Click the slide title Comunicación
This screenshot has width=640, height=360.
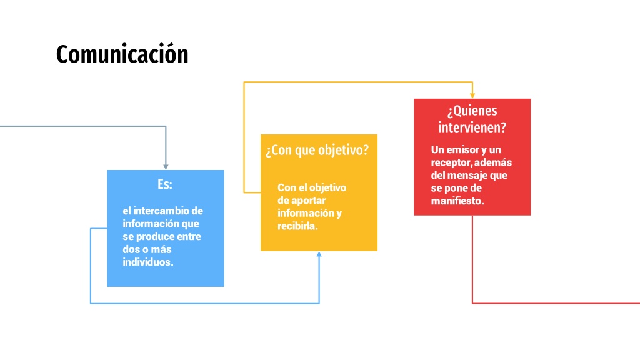click(122, 54)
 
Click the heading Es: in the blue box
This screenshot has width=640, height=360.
click(165, 184)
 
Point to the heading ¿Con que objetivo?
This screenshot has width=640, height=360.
click(317, 150)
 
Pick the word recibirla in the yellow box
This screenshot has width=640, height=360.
click(296, 226)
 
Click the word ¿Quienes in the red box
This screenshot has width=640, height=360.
click(472, 110)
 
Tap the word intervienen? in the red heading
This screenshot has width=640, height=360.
click(472, 127)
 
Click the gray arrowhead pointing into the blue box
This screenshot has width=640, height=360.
click(166, 166)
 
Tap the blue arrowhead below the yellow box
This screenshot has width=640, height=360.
click(319, 254)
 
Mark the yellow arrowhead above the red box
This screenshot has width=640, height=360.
click(472, 95)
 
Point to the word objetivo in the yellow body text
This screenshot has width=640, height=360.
click(327, 187)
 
